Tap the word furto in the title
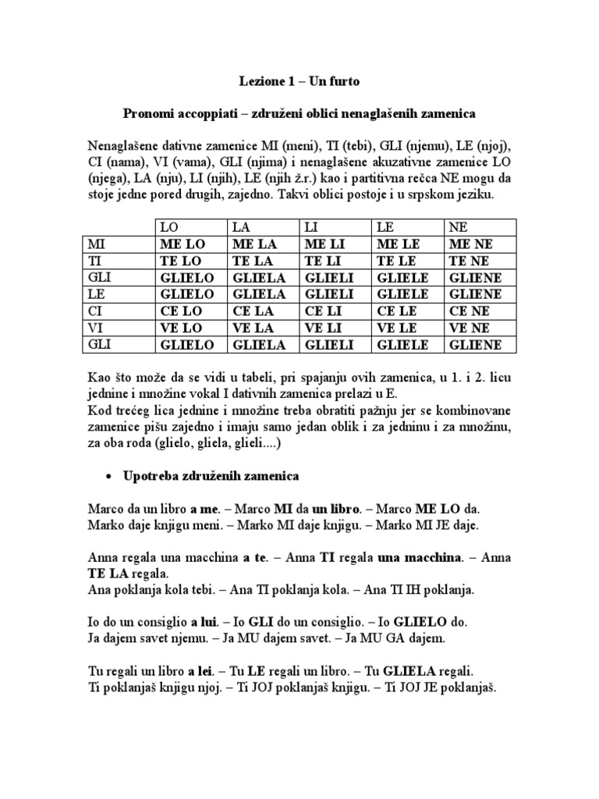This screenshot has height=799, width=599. pyautogui.click(x=344, y=82)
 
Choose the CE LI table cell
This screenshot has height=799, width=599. pyautogui.click(x=322, y=311)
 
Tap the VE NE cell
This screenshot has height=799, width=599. pyautogui.click(x=466, y=328)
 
